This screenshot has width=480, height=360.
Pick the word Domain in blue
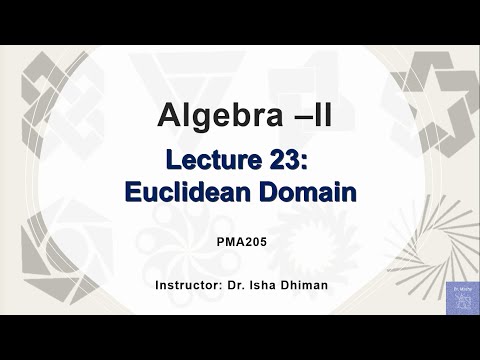[304, 191]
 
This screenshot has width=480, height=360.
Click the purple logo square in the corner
[461, 297]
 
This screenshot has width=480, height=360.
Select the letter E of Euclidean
[134, 191]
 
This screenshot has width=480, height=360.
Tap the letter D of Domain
[262, 191]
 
